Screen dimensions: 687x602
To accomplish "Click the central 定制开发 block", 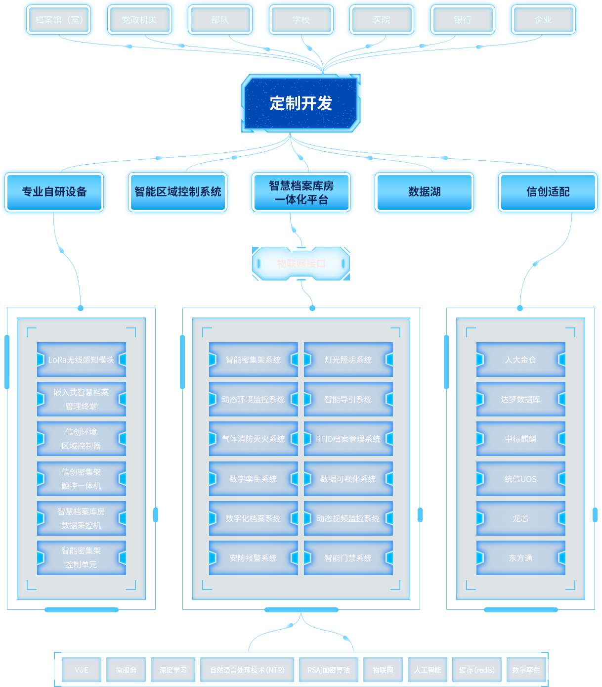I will tap(301, 103).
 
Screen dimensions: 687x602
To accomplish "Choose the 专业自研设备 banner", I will tap(54, 192).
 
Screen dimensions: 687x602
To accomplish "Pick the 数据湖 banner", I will tap(424, 192).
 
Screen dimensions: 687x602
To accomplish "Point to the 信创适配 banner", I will tap(548, 192).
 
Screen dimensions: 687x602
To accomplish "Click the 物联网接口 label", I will tap(301, 264).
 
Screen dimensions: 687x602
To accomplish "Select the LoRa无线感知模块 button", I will tap(82, 360).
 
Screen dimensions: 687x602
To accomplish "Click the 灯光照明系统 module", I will tap(348, 360).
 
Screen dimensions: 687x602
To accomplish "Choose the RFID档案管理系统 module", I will tap(348, 439).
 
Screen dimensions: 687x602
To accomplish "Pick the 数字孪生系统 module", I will tap(253, 479).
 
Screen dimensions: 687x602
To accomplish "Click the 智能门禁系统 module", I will tap(348, 558).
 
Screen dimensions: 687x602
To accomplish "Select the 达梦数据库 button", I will tap(520, 399).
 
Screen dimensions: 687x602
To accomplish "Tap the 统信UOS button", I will tap(520, 479).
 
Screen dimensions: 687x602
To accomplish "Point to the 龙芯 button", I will tap(520, 518).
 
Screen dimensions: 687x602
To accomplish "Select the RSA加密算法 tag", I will tap(329, 670).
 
